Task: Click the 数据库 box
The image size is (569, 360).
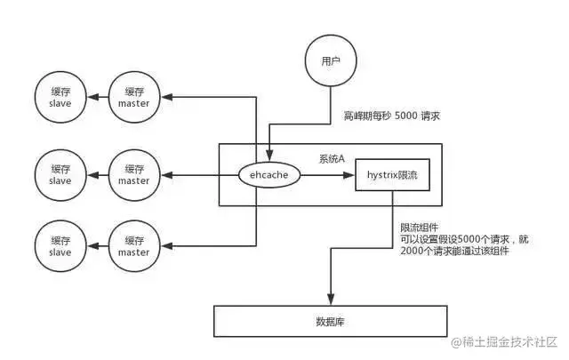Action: click(x=329, y=320)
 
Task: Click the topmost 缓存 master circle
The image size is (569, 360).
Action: click(x=134, y=98)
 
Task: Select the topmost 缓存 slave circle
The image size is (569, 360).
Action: click(x=60, y=98)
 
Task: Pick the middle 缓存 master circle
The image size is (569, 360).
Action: click(x=134, y=174)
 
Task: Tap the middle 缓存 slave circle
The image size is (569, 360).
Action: click(x=60, y=174)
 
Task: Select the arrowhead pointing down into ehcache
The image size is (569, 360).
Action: click(x=269, y=156)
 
